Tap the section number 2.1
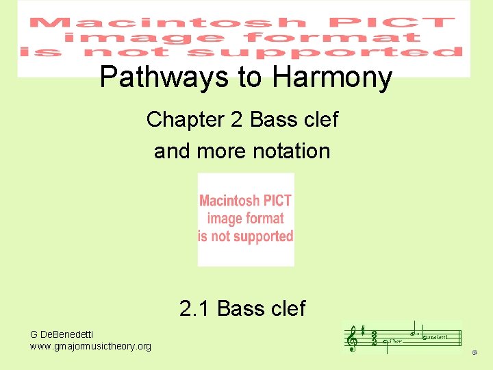(x=194, y=309)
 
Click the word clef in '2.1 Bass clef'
(x=285, y=309)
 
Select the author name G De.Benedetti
(x=62, y=334)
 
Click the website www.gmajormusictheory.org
(x=91, y=347)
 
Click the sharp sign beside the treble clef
(x=362, y=330)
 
